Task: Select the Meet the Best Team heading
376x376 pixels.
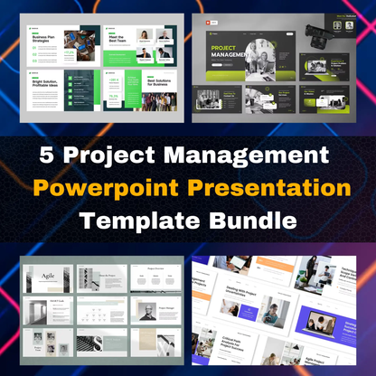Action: click(119, 37)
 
